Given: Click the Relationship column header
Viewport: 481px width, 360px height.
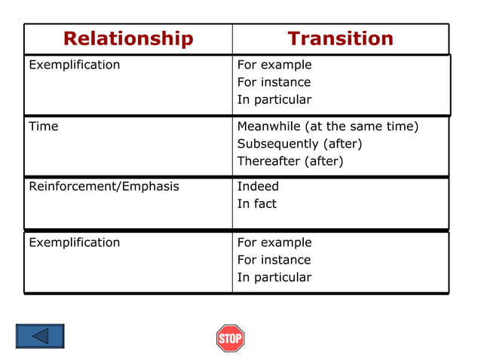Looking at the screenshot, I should tap(128, 38).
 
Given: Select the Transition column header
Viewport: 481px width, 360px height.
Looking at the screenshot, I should tap(340, 38).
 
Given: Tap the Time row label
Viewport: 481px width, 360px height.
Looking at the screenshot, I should tap(43, 127).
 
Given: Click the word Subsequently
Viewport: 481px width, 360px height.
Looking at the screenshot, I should tap(278, 144).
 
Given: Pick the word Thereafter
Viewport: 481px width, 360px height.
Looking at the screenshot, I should tap(269, 161).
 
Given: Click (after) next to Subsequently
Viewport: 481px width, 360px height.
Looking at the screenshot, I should tap(343, 144).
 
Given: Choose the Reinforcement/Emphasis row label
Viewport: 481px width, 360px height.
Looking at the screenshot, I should tap(104, 186).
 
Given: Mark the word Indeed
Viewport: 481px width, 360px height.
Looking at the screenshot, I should tap(258, 186).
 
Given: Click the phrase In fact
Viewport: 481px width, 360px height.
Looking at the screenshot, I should tap(256, 203).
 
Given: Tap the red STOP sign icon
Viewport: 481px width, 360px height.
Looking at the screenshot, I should tap(230, 338).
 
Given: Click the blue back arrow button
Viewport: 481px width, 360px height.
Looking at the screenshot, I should tap(40, 336).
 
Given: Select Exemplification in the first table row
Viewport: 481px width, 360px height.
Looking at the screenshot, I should tap(74, 65).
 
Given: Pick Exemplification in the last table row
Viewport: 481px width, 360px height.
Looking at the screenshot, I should tap(74, 243).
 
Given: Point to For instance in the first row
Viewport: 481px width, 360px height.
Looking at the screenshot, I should tap(274, 82).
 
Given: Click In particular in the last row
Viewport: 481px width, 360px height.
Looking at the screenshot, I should tap(274, 277).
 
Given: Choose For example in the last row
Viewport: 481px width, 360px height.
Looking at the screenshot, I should tap(274, 243).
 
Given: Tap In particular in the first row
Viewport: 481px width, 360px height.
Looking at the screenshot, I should tap(274, 99).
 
